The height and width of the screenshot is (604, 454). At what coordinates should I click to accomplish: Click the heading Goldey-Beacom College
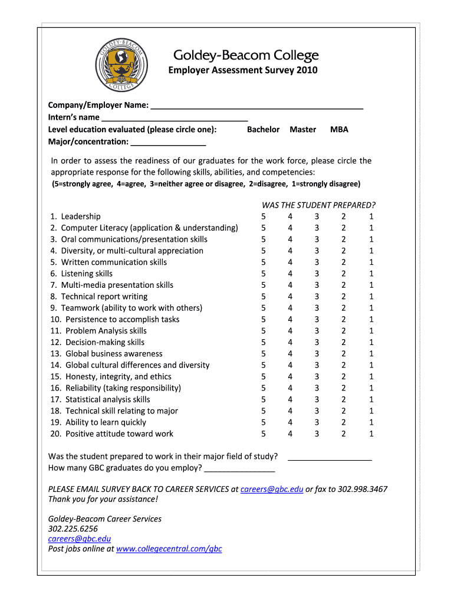point(245,55)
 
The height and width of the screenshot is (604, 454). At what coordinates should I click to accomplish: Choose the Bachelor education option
point(263,130)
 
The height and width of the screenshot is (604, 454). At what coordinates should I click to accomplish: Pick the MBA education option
point(339,130)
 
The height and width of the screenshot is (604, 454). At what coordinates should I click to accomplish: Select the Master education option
point(303,130)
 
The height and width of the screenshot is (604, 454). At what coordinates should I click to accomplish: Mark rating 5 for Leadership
point(263,216)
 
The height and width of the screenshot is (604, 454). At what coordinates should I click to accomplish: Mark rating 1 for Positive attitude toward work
point(371,434)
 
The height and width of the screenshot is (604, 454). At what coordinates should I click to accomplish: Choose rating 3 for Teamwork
point(317,308)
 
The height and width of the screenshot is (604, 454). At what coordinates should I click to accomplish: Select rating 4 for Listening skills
point(290,274)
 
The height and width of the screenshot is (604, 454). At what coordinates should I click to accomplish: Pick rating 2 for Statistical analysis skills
point(344,399)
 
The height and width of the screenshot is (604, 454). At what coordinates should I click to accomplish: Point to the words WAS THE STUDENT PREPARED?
point(318,205)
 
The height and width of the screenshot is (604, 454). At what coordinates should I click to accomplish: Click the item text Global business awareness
point(114,354)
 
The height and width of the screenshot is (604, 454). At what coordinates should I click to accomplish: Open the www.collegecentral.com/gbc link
point(169,549)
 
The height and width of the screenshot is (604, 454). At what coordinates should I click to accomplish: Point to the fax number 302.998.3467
point(363,489)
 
